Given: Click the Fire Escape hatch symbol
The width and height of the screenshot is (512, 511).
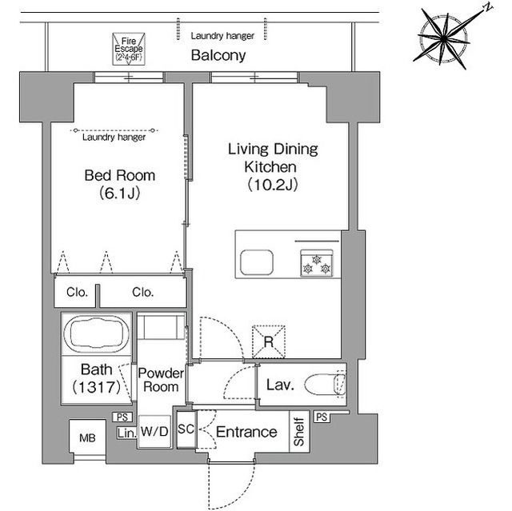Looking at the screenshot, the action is coord(129,49).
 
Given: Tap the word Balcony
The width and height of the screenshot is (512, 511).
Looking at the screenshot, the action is coord(218,55).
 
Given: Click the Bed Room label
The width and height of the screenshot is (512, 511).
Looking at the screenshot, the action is coord(119,176).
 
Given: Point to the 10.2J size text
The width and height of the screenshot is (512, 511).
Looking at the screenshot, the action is coord(273,185).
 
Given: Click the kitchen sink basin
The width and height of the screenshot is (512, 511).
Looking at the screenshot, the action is coord(257,262).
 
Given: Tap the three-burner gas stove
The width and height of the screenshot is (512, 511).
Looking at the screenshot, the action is coord(317,263).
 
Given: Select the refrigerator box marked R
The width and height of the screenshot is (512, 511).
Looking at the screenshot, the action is coord(269,342).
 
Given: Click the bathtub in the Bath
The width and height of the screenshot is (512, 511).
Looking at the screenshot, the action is coord(96,333).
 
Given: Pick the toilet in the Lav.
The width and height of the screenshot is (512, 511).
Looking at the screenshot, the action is coord(325,384).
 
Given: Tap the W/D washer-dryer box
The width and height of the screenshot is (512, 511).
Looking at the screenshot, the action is coord(154,431).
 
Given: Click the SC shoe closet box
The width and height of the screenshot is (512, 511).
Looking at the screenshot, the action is coord(186,429).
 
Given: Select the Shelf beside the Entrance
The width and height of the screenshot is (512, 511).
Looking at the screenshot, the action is coord(299,431).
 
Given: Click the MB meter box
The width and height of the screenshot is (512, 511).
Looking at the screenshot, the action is coord(87,438).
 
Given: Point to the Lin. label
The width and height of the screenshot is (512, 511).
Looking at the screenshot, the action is coord(126,433).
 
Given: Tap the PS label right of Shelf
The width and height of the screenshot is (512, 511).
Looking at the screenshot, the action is coord(322,417).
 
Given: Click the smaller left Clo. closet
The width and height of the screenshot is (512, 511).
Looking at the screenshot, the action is coord(76,291).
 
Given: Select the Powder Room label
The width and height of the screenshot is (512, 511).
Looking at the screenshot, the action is coord(161,380).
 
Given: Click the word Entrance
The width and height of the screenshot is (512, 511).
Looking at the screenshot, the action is coord(246,432).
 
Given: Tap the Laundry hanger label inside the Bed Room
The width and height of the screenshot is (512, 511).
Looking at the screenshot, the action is coord(114,137).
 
